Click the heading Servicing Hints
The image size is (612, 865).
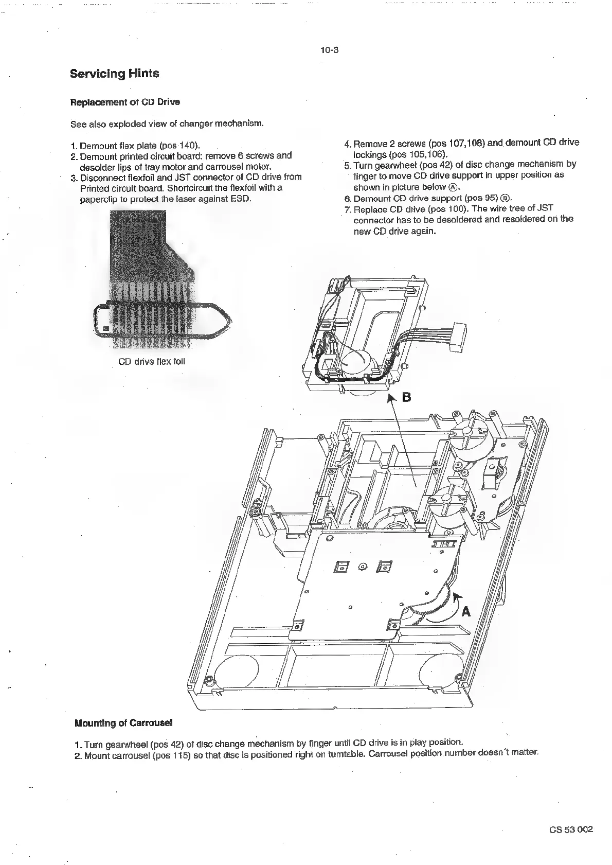pyautogui.click(x=114, y=74)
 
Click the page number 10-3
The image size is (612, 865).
pyautogui.click(x=328, y=50)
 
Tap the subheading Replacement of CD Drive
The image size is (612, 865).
pyautogui.click(x=124, y=102)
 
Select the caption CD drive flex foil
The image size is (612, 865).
pyautogui.click(x=151, y=361)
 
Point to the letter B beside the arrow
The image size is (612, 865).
pyautogui.click(x=406, y=397)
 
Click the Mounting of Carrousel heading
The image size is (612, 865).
pyautogui.click(x=123, y=723)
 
